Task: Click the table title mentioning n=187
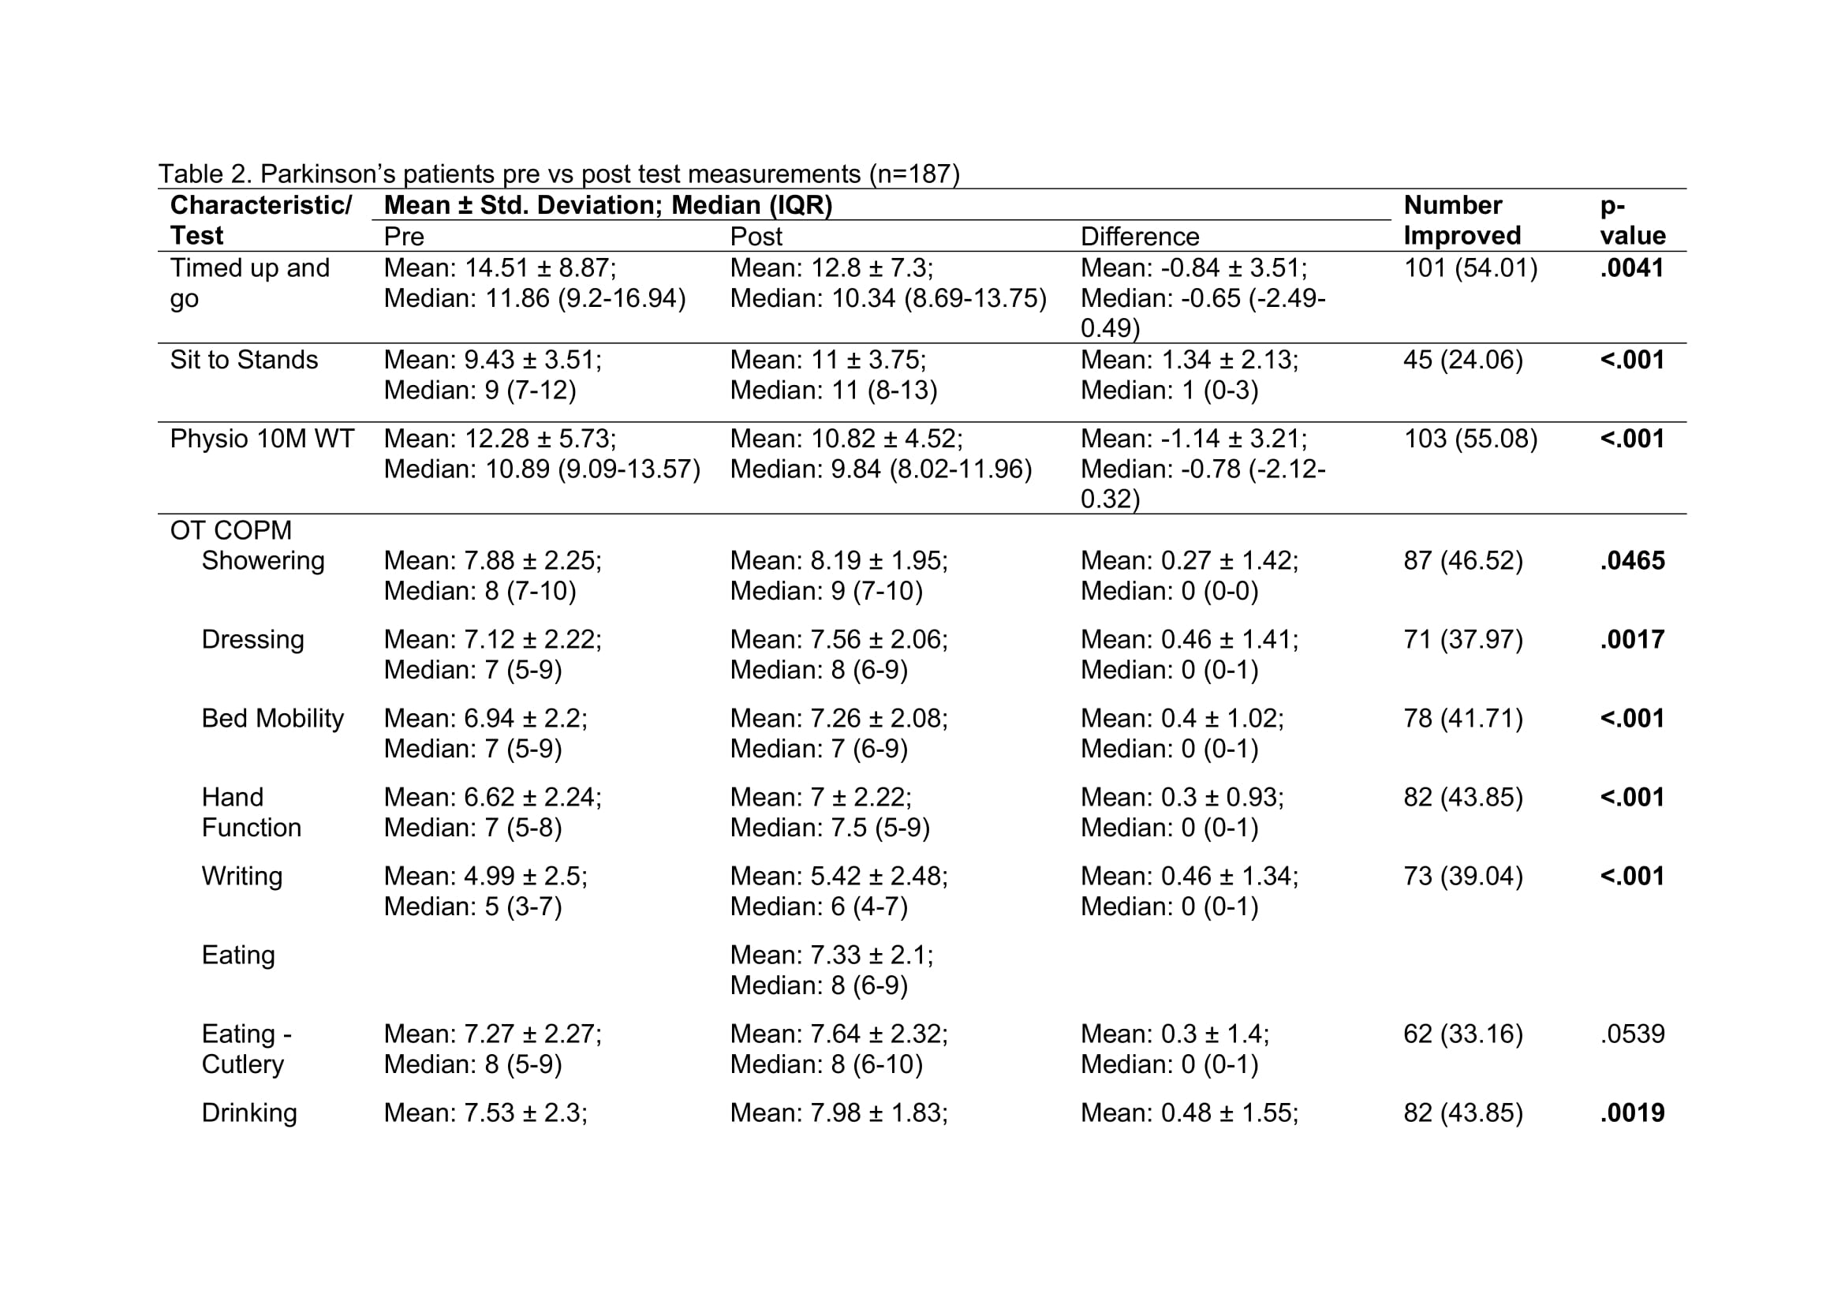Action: click(x=558, y=174)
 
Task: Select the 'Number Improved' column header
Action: click(x=1462, y=220)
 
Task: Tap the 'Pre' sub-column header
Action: click(x=403, y=236)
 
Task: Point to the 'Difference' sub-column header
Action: click(x=1139, y=236)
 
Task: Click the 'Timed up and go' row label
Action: click(x=249, y=283)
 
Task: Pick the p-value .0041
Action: click(x=1631, y=267)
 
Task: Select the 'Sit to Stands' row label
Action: click(x=244, y=359)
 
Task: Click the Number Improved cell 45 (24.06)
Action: click(x=1462, y=359)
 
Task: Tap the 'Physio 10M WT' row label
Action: click(x=262, y=439)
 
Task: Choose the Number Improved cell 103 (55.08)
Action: click(x=1470, y=439)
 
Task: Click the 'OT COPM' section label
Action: click(x=230, y=530)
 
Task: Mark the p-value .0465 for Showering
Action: click(x=1632, y=561)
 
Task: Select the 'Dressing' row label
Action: click(x=252, y=640)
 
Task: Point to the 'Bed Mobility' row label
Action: click(x=272, y=719)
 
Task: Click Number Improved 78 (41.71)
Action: click(x=1462, y=719)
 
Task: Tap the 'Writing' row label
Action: click(x=242, y=876)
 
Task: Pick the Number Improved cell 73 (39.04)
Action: click(x=1462, y=876)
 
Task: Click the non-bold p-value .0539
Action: click(x=1632, y=1034)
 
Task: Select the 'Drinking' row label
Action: click(x=249, y=1113)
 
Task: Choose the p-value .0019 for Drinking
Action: click(x=1632, y=1113)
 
